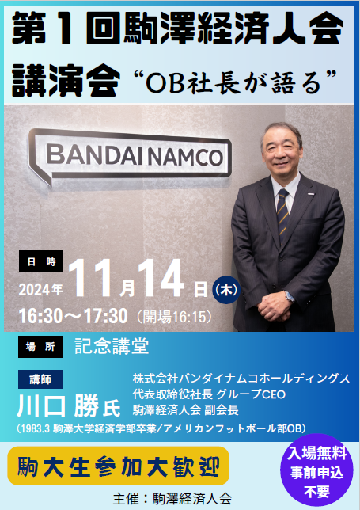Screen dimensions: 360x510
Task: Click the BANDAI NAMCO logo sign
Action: point(130,157)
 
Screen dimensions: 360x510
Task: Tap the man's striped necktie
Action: point(282,215)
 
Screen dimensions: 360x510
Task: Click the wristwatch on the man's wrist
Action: point(289,296)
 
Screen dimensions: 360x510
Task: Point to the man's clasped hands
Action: point(274,309)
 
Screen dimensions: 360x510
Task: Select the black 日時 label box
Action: point(41,261)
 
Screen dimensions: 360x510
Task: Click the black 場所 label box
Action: point(40,347)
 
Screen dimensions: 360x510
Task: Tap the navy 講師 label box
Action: point(40,379)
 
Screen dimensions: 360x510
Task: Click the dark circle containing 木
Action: point(226,290)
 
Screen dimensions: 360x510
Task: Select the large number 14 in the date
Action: point(160,278)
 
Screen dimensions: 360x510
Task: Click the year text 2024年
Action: point(40,289)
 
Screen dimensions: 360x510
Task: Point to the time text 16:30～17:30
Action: point(73,316)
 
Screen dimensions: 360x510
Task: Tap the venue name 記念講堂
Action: point(112,346)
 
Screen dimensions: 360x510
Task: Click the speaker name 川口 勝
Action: point(58,406)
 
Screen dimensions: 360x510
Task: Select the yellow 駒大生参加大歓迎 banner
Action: point(118,466)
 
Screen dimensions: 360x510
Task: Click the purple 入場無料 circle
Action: point(316,470)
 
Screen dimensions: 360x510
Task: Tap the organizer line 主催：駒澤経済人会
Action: point(172,499)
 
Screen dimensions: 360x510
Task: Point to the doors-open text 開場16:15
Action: point(175,317)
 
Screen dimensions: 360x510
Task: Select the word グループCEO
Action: point(251,394)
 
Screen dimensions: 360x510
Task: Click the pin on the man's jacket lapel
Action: point(311,195)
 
